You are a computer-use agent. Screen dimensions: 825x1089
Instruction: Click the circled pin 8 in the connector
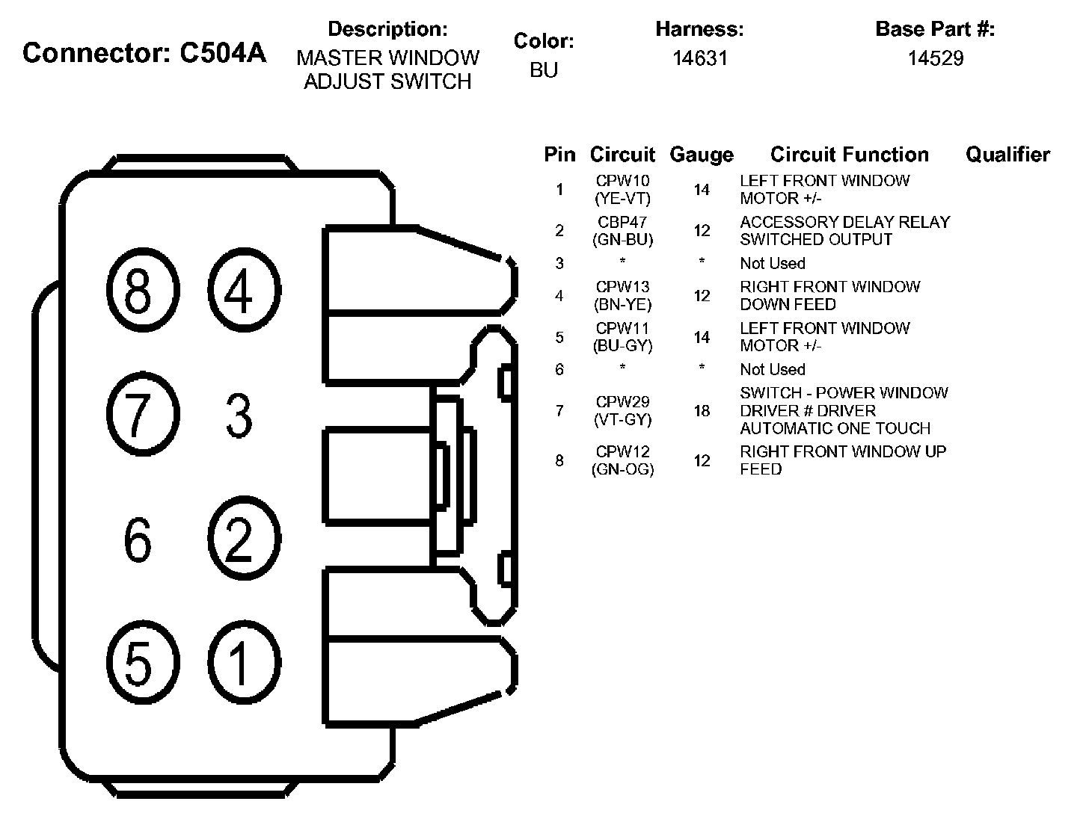pos(138,292)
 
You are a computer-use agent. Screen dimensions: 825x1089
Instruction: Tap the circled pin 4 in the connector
pos(239,292)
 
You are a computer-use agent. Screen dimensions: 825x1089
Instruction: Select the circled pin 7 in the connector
pos(138,415)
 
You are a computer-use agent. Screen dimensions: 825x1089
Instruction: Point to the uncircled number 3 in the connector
pos(239,416)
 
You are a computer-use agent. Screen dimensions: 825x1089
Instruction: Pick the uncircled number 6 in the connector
pos(138,540)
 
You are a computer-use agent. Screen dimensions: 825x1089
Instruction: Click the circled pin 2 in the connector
pos(239,539)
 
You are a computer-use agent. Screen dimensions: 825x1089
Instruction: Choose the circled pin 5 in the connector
pos(138,662)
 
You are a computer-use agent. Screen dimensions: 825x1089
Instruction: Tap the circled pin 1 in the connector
pos(239,662)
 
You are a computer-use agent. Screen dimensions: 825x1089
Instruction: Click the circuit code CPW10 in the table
pos(622,181)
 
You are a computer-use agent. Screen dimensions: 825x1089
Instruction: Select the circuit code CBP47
pos(622,223)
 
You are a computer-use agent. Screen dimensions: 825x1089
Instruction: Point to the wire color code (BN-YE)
pos(622,305)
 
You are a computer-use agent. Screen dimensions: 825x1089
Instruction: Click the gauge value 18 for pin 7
pos(702,411)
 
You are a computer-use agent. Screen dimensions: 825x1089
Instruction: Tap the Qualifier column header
pos(1007,155)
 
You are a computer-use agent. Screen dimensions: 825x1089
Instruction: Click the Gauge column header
pos(702,155)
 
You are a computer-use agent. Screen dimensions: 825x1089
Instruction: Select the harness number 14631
pos(699,58)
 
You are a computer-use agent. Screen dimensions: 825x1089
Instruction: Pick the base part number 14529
pos(935,58)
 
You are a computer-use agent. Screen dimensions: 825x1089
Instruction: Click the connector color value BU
pos(544,70)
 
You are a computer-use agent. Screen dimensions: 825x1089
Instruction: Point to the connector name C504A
pos(223,53)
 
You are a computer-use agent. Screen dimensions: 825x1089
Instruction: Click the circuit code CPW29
pos(622,402)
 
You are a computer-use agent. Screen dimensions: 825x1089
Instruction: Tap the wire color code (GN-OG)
pos(622,470)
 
